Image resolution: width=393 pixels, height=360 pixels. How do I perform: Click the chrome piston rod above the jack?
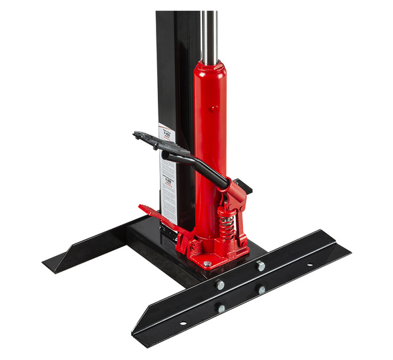(x=209, y=33)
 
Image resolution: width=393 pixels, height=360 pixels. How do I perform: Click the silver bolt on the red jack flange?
(x=208, y=264)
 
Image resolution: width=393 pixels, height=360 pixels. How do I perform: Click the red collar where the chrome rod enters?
(x=210, y=67)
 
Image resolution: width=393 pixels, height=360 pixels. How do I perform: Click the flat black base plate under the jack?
(x=151, y=249)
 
